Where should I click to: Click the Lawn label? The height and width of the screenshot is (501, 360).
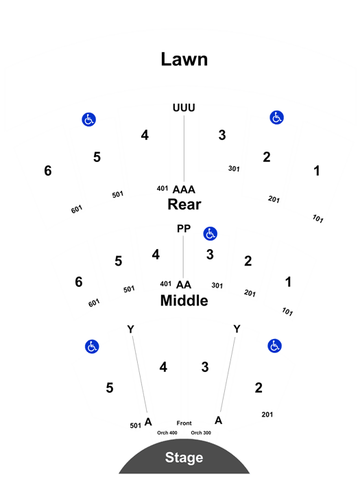[x=184, y=60]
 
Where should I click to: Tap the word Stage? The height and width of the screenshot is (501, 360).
[x=184, y=458]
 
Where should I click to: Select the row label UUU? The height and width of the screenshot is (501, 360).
[x=184, y=108]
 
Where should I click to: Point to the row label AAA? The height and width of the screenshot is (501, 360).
[x=184, y=189]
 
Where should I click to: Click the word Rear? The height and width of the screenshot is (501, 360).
[x=184, y=204]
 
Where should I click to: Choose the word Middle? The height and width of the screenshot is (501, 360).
[x=184, y=301]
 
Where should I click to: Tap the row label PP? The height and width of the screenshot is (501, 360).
[x=184, y=229]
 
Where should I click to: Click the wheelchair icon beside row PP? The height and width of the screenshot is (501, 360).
[x=211, y=233]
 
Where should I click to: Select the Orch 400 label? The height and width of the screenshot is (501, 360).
[x=167, y=432]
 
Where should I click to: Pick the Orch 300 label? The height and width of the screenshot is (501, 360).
[x=201, y=432]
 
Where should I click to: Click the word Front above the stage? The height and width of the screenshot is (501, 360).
[x=184, y=423]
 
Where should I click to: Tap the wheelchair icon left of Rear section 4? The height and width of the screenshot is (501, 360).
[x=89, y=119]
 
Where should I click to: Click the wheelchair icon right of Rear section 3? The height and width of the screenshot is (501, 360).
[x=277, y=117]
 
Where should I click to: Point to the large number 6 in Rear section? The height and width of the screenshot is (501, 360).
[x=48, y=171]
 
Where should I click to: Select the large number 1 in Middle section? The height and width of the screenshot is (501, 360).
[x=288, y=282]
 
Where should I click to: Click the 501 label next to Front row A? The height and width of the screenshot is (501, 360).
[x=135, y=426]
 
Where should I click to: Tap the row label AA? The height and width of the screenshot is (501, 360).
[x=184, y=285]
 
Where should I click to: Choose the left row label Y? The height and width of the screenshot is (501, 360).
[x=130, y=329]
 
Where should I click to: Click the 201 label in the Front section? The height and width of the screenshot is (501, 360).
[x=267, y=415]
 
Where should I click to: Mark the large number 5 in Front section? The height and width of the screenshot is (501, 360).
[x=110, y=388]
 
